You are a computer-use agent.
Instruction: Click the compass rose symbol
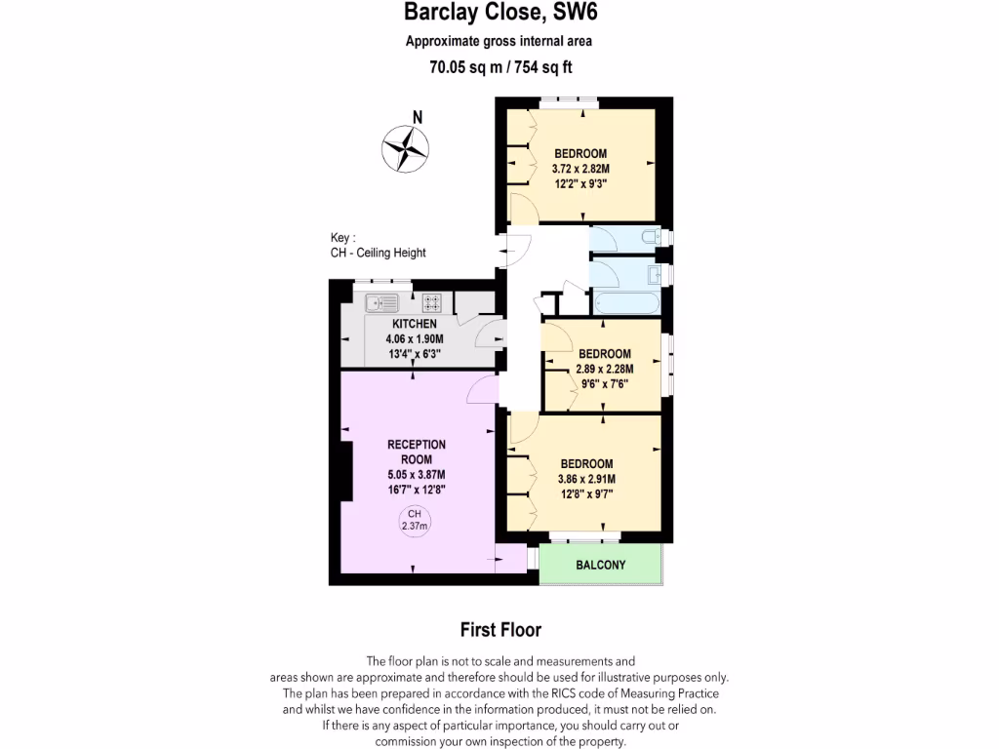[x=406, y=148]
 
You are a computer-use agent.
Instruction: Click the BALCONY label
[x=600, y=566]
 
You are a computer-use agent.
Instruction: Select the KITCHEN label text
[x=414, y=324]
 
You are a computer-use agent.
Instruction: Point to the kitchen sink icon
[x=381, y=302]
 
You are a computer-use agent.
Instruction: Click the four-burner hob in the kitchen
[x=433, y=302]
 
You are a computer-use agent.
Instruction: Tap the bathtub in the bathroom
[x=625, y=303]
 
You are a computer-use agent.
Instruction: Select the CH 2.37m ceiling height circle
[x=415, y=520]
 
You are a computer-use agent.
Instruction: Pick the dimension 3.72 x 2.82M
[x=580, y=169]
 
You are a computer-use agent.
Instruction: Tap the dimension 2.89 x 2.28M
[x=604, y=369]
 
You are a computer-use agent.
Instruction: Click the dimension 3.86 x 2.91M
[x=586, y=479]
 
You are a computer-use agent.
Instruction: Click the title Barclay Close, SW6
[x=499, y=14]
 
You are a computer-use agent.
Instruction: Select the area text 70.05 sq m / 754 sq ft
[x=499, y=67]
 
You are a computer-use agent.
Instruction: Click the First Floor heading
[x=499, y=630]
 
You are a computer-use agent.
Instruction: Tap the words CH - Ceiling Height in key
[x=379, y=253]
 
